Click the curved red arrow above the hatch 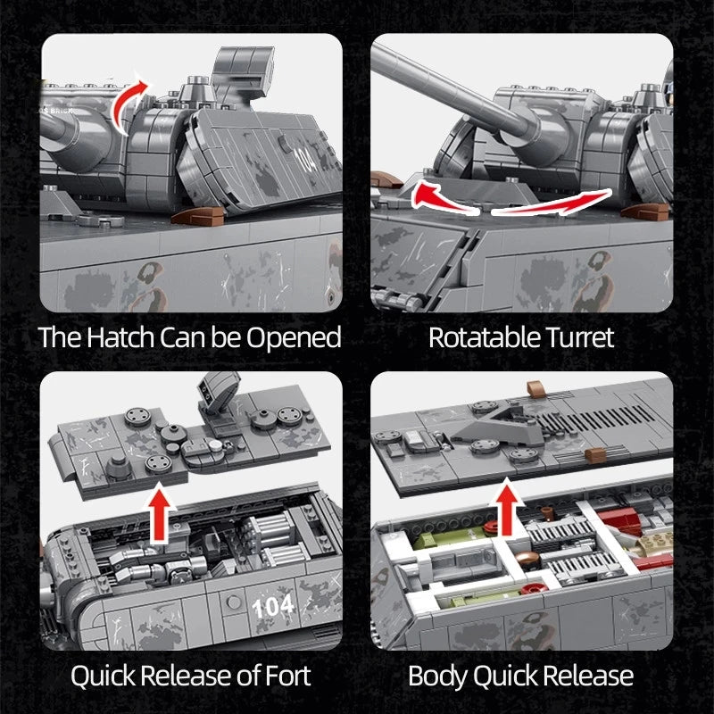(x=130, y=99)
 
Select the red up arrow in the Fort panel (x=160, y=513)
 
